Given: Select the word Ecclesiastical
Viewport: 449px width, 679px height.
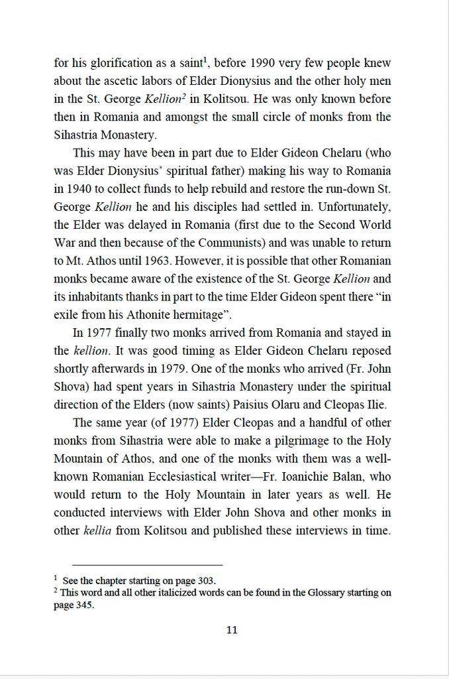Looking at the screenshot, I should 214,476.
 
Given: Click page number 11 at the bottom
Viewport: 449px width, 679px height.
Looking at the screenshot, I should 231,630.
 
